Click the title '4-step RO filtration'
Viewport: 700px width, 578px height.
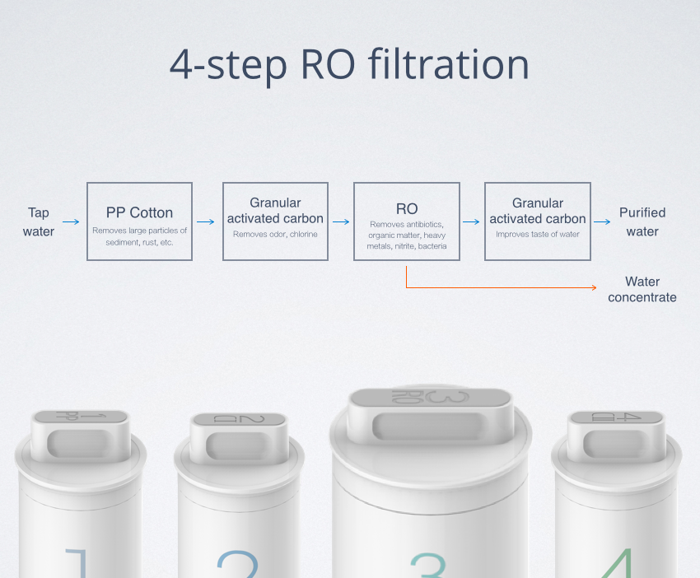349,65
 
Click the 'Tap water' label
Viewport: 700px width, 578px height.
39,221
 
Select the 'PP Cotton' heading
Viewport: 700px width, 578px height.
139,212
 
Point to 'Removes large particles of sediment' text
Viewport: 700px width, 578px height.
139,236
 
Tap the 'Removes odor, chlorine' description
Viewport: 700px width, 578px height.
275,234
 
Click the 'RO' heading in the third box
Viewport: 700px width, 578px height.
407,209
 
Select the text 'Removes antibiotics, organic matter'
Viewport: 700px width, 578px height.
407,230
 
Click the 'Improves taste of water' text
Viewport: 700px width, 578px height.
538,234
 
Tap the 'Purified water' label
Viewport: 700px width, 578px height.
642,221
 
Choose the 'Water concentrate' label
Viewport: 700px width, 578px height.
642,289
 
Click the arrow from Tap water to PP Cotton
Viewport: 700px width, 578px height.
71,221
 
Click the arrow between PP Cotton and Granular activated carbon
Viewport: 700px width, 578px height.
205,221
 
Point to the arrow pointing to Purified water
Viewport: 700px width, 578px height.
602,221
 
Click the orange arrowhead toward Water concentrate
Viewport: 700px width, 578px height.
595,287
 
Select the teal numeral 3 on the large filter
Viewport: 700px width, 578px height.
428,565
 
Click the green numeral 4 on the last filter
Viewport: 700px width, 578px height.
618,563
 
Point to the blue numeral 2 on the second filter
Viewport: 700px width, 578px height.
238,564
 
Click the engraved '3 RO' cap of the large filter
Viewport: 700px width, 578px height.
430,397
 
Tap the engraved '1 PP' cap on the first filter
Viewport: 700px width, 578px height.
81,417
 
